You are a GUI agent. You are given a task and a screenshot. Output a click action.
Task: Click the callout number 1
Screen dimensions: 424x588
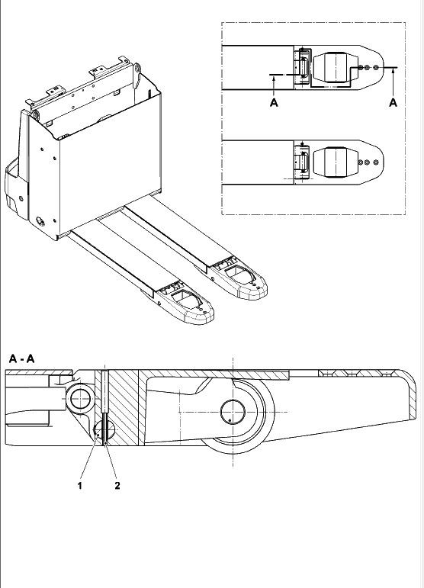[x=79, y=486]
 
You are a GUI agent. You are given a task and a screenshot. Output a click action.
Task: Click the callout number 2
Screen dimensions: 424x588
[x=117, y=486]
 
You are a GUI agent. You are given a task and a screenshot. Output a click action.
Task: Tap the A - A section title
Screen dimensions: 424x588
[x=22, y=359]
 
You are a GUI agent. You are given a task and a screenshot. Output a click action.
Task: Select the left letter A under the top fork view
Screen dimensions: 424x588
[x=274, y=102]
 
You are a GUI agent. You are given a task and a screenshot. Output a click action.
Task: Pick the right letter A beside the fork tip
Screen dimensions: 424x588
[x=393, y=102]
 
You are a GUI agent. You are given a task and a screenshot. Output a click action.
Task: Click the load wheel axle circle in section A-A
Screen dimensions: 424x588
[x=233, y=412]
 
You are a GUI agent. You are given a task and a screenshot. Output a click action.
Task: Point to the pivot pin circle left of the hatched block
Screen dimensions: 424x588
[x=82, y=398]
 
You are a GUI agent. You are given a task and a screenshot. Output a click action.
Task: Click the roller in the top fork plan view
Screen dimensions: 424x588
[x=335, y=67]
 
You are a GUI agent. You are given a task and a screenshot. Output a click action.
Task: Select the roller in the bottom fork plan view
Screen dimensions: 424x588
[x=335, y=162]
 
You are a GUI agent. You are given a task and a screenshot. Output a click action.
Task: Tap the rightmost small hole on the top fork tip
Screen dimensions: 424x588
[x=376, y=68]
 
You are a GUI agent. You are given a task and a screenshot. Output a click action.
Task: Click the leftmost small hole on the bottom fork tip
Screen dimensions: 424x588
[x=361, y=162]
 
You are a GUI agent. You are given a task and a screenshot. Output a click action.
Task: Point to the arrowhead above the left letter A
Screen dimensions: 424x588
[x=274, y=78]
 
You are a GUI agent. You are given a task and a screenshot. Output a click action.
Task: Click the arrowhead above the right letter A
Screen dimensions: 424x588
[x=393, y=72]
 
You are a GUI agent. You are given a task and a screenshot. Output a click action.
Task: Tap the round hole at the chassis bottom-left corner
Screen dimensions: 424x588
[x=40, y=221]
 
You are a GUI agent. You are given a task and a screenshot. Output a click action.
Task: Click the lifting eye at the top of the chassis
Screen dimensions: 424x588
[x=137, y=69]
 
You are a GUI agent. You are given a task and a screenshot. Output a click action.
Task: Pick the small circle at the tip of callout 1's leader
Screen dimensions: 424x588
[x=98, y=435]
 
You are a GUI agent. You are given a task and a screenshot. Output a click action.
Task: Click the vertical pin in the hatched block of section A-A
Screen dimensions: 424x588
[x=104, y=407]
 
